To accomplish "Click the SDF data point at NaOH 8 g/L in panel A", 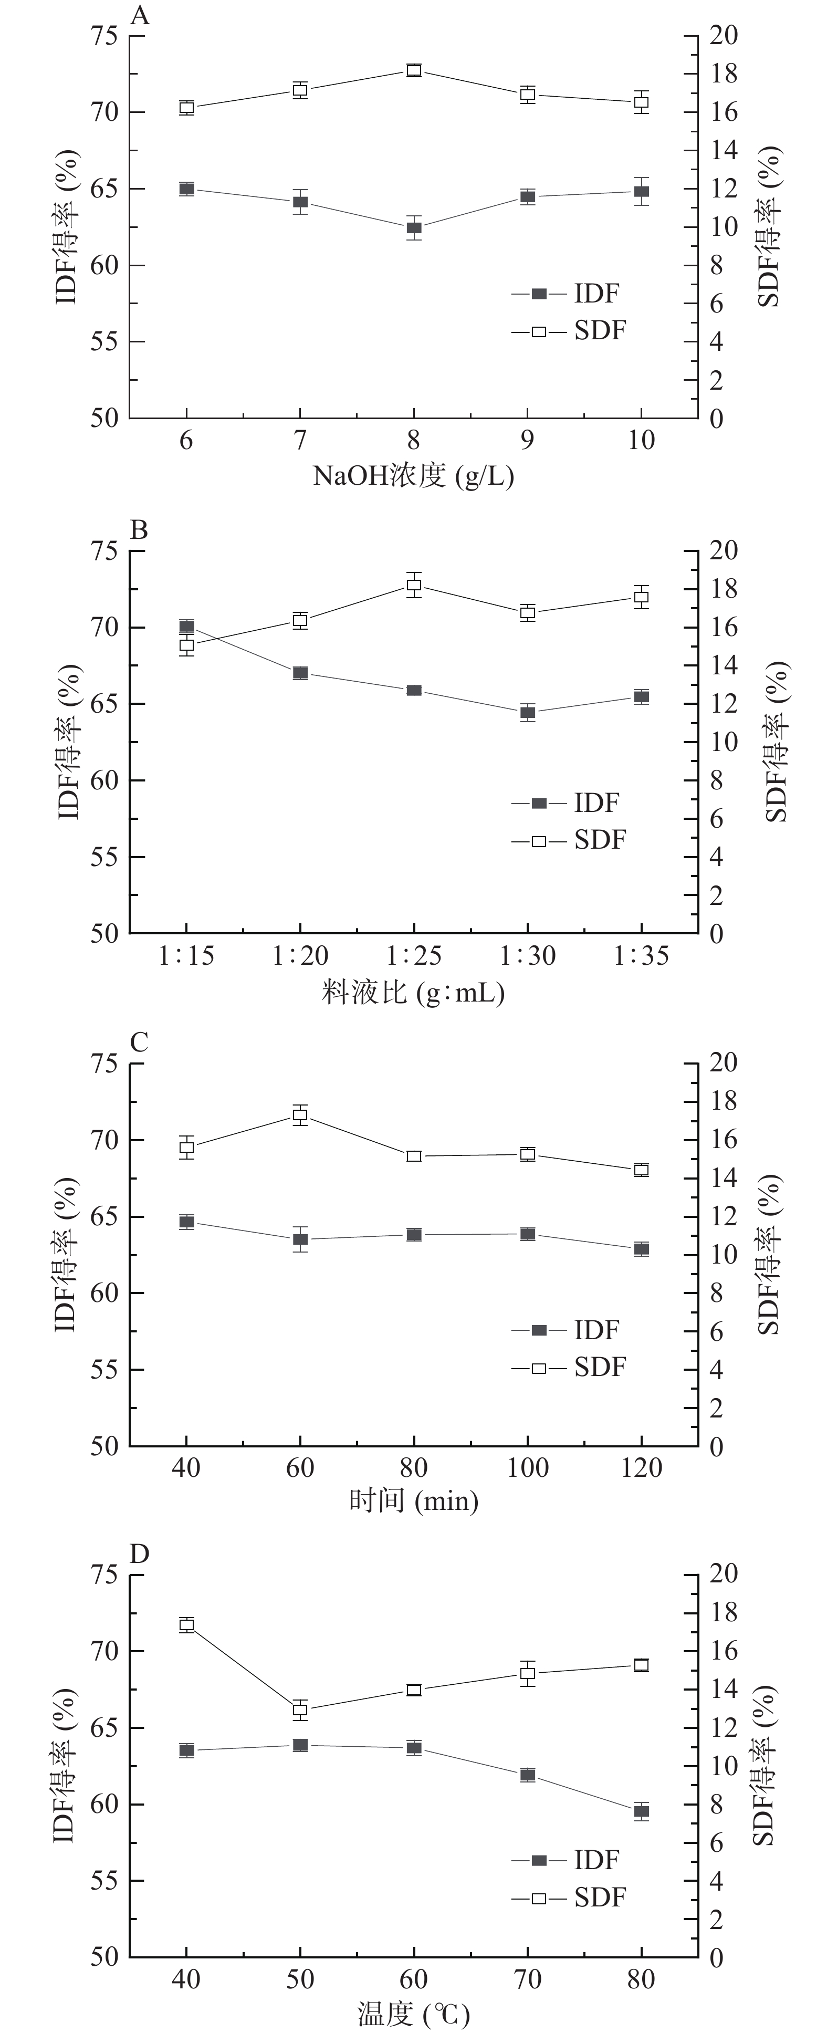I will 414,70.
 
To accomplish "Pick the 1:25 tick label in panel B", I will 414,956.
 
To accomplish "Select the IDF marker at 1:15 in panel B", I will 186,627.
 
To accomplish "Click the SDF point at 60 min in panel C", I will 300,1115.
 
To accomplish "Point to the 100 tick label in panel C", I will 527,1468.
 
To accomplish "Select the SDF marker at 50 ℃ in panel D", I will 300,1710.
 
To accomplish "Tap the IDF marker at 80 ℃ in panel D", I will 642,1811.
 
